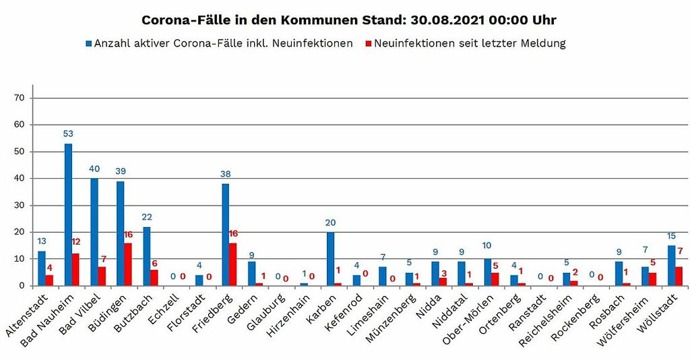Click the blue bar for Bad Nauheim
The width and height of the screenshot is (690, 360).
pyautogui.click(x=68, y=214)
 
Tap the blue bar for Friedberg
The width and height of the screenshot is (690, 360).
pyautogui.click(x=225, y=235)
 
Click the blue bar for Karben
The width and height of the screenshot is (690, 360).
pyautogui.click(x=330, y=259)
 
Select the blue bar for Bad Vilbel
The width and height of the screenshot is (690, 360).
pyautogui.click(x=94, y=232)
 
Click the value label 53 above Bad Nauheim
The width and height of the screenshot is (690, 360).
pyautogui.click(x=68, y=133)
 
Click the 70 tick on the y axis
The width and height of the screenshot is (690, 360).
pyautogui.click(x=19, y=98)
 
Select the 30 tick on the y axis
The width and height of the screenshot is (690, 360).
pyautogui.click(x=19, y=205)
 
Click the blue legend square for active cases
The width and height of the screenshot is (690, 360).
pyautogui.click(x=88, y=44)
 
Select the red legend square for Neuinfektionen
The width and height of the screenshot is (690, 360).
pyautogui.click(x=368, y=44)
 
